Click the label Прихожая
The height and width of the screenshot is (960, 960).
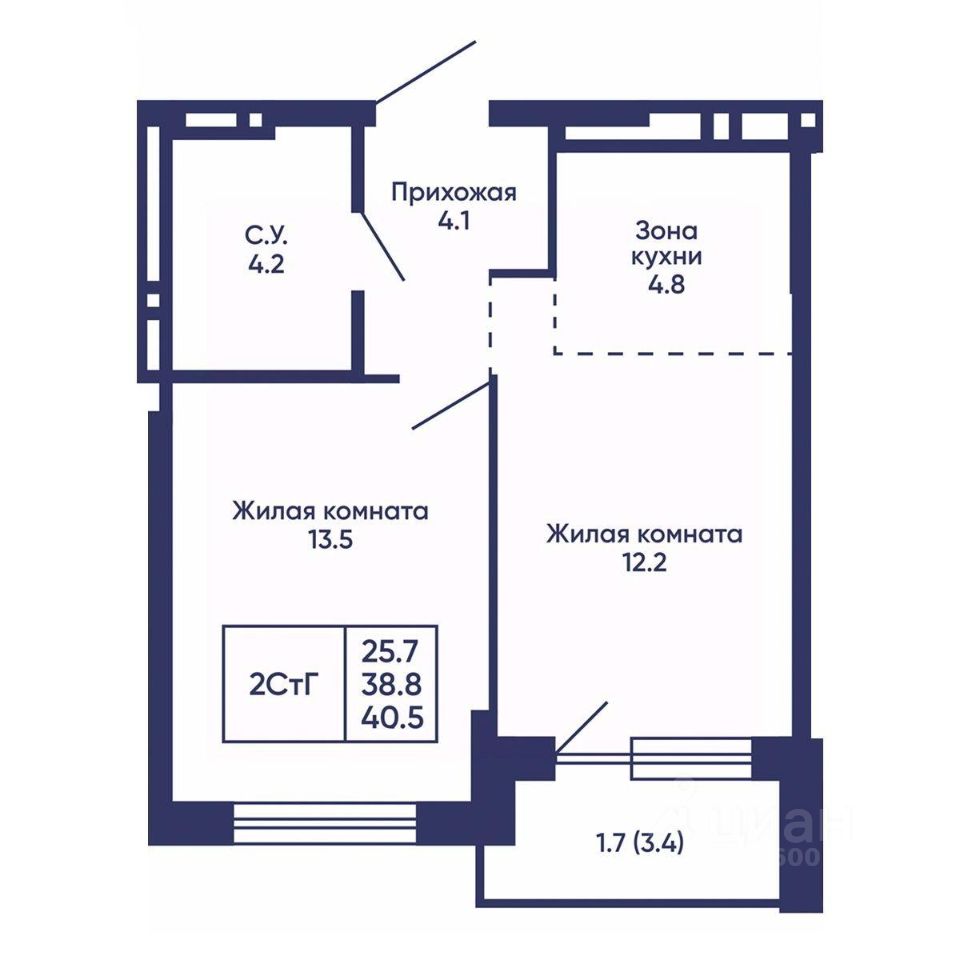coord(454,192)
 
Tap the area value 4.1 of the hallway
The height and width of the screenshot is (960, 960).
coord(454,220)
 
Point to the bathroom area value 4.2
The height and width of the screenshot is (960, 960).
coord(266,264)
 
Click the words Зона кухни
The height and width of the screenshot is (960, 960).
coord(666,244)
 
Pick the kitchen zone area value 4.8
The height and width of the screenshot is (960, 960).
coord(667,285)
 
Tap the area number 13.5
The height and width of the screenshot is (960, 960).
coord(331,540)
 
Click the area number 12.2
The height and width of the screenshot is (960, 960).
coord(644,562)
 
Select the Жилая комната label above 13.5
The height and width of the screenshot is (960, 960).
coord(330,511)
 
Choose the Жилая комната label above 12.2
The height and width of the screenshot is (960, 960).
coord(644,534)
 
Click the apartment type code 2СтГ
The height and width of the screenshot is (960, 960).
coord(284,684)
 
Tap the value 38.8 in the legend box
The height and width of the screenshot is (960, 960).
coord(391,684)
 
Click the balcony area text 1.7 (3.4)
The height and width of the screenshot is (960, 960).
coord(640,844)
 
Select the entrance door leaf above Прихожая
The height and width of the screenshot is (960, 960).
coord(426,72)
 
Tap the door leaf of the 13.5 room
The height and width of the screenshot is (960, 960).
coord(451,405)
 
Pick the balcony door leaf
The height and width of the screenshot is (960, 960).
coord(582,727)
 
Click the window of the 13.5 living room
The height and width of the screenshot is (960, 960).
coord(325,824)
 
